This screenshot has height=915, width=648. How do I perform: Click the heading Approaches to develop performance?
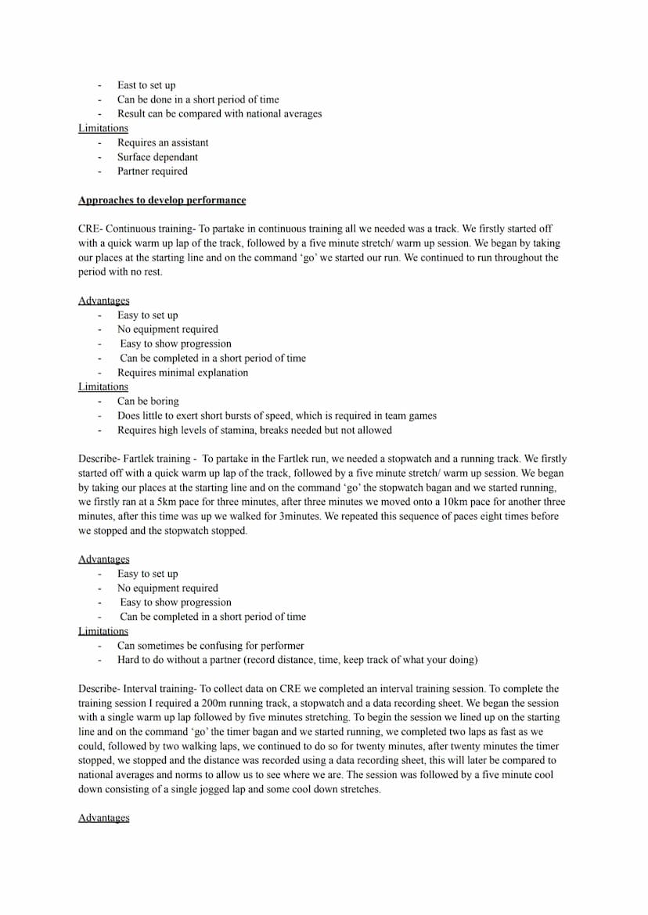click(162, 200)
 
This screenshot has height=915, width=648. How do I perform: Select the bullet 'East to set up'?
click(146, 85)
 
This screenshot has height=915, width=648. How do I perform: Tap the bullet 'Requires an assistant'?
click(163, 142)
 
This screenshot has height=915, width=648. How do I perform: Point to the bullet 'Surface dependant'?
click(157, 157)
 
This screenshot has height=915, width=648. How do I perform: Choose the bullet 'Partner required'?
click(153, 171)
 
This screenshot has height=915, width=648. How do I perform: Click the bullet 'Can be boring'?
click(148, 402)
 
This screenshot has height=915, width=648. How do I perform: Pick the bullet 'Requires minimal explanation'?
click(182, 373)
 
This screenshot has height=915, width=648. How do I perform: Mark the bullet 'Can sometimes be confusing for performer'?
click(211, 646)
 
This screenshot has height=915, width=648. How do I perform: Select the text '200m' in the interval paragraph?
click(225, 704)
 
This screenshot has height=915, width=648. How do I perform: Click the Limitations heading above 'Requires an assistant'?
click(103, 128)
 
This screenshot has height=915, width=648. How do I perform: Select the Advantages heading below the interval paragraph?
click(104, 818)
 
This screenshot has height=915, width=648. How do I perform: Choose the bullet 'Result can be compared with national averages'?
click(219, 113)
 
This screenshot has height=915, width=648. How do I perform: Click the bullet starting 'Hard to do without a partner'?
click(297, 660)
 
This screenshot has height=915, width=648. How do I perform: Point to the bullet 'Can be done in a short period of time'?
click(198, 99)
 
